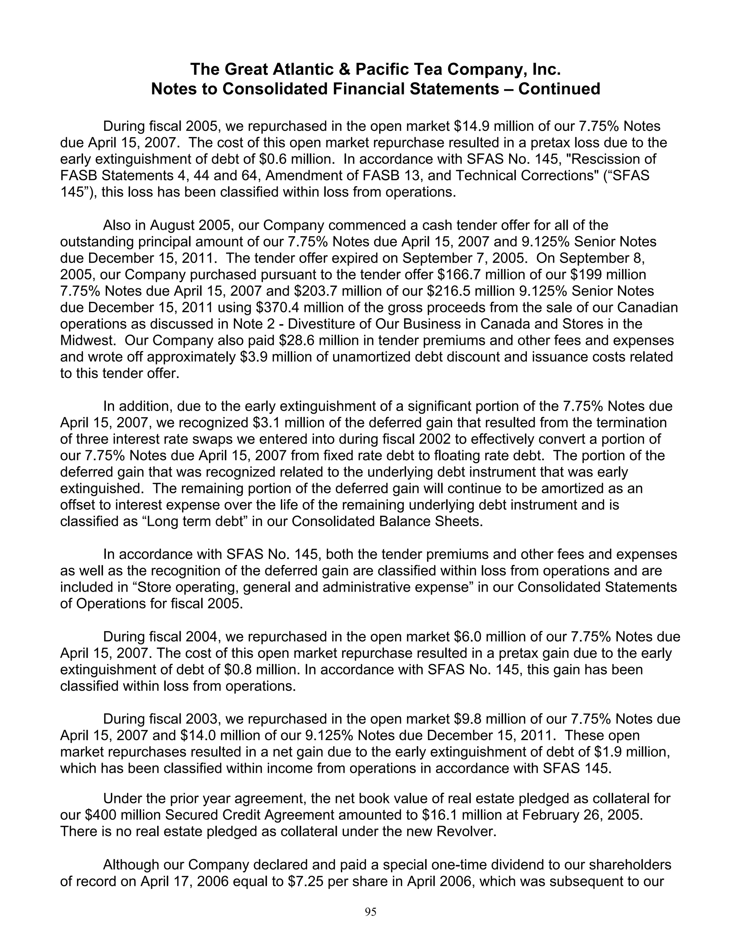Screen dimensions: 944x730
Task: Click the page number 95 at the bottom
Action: click(x=371, y=912)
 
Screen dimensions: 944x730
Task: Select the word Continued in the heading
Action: click(x=559, y=89)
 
